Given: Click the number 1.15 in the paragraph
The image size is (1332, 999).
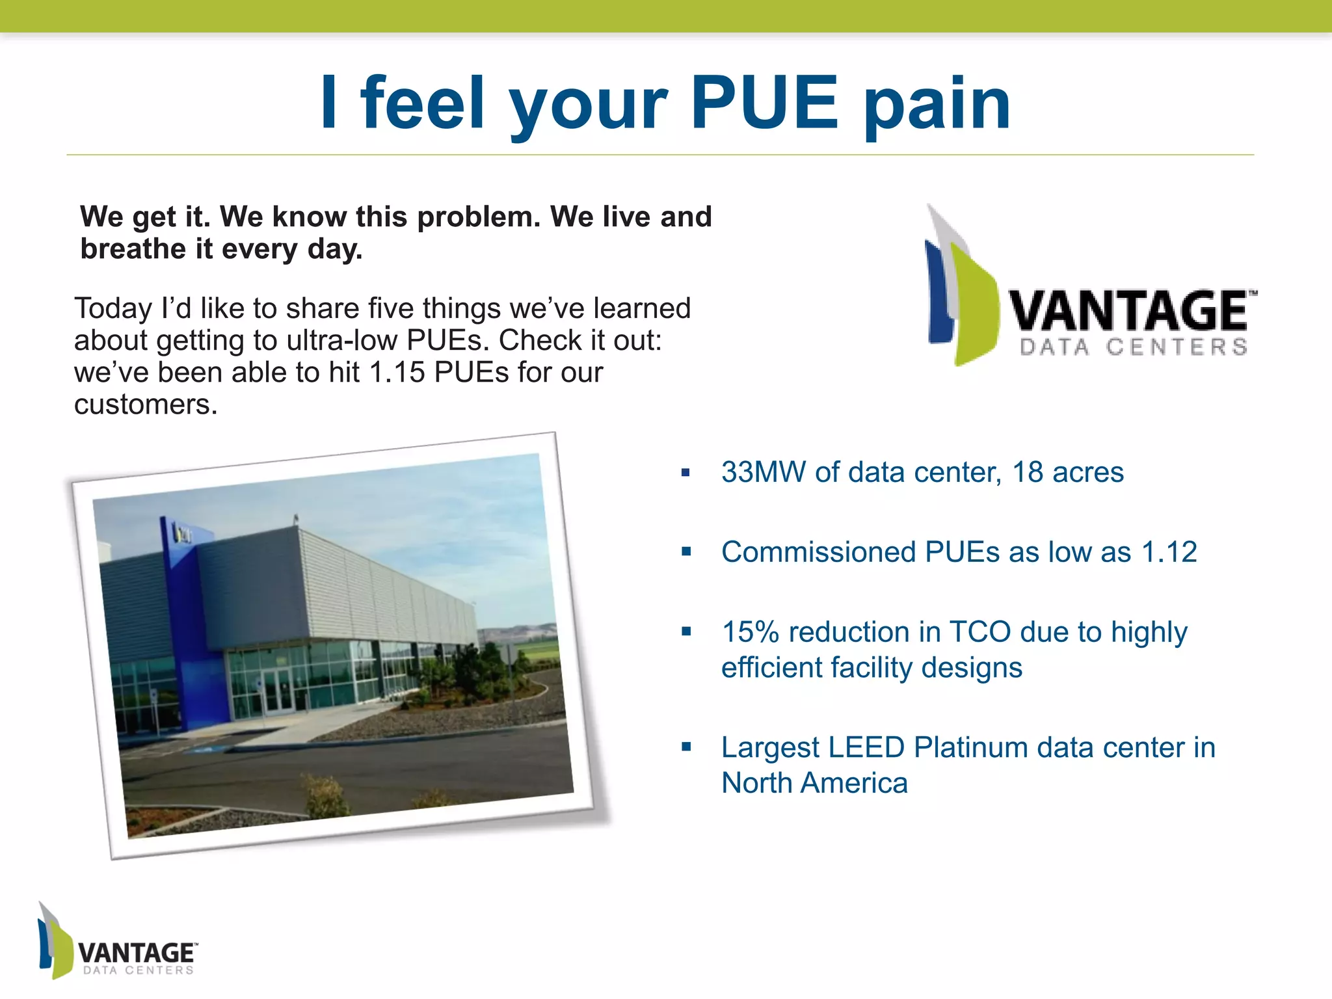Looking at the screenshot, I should click(397, 373).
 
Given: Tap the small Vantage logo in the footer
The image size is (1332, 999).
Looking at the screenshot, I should click(117, 942).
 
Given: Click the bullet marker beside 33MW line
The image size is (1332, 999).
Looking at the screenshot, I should click(686, 473).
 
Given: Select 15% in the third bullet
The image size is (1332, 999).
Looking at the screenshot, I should click(750, 632).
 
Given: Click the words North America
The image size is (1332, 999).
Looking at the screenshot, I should click(814, 783).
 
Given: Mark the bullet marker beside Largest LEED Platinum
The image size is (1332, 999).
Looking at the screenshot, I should click(686, 747).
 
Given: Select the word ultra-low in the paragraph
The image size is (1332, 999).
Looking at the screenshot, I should click(342, 341).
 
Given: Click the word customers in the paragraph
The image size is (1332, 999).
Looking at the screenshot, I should click(145, 405).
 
